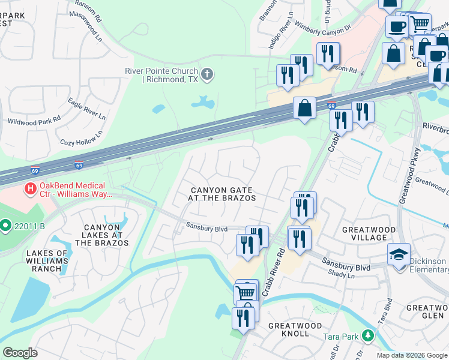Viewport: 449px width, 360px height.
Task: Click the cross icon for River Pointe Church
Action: tap(207, 74)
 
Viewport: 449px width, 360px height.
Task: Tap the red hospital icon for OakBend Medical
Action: tap(29, 190)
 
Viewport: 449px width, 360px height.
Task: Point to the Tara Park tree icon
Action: tap(364, 337)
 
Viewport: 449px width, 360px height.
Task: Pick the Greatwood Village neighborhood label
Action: tap(369, 233)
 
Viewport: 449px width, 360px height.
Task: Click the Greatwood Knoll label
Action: tap(295, 329)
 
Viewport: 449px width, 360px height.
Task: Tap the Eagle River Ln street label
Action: tap(86, 109)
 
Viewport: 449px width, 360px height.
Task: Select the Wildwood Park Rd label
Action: tap(34, 121)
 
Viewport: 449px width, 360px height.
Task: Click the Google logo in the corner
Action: tap(20, 352)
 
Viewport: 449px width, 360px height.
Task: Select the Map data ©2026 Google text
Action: tap(412, 355)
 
